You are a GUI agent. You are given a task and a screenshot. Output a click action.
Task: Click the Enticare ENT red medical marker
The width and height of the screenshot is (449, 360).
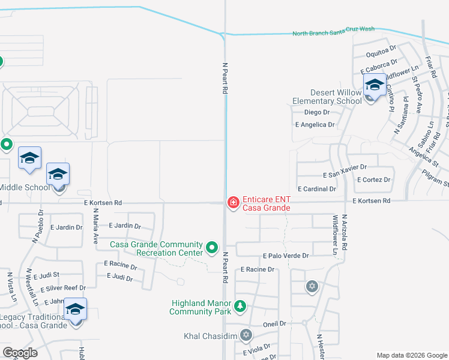pyautogui.click(x=232, y=203)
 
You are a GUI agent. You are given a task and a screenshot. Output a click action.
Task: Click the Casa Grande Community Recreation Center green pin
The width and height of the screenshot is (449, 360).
pyautogui.click(x=211, y=247)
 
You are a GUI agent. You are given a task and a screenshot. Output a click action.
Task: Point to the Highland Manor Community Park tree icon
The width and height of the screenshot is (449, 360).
pyautogui.click(x=240, y=307)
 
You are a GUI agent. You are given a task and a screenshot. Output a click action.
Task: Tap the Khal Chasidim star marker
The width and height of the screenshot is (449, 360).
pyautogui.click(x=246, y=334)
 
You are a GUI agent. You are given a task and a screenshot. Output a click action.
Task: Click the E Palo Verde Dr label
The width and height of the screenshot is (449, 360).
pyautogui.click(x=286, y=256)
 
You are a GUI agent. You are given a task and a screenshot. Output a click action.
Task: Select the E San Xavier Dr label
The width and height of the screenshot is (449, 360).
pyautogui.click(x=345, y=175)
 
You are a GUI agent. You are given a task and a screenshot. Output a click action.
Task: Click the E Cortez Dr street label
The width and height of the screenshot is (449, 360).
pyautogui.click(x=373, y=179)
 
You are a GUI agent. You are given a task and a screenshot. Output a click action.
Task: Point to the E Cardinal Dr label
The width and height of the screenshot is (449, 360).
pyautogui.click(x=317, y=188)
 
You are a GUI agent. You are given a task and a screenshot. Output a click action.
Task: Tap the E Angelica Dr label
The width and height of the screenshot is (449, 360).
pyautogui.click(x=315, y=124)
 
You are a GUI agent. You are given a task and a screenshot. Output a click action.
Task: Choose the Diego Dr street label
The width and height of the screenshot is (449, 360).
pyautogui.click(x=317, y=112)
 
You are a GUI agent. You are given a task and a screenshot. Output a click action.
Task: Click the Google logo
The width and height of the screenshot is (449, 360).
pyautogui.click(x=20, y=353)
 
